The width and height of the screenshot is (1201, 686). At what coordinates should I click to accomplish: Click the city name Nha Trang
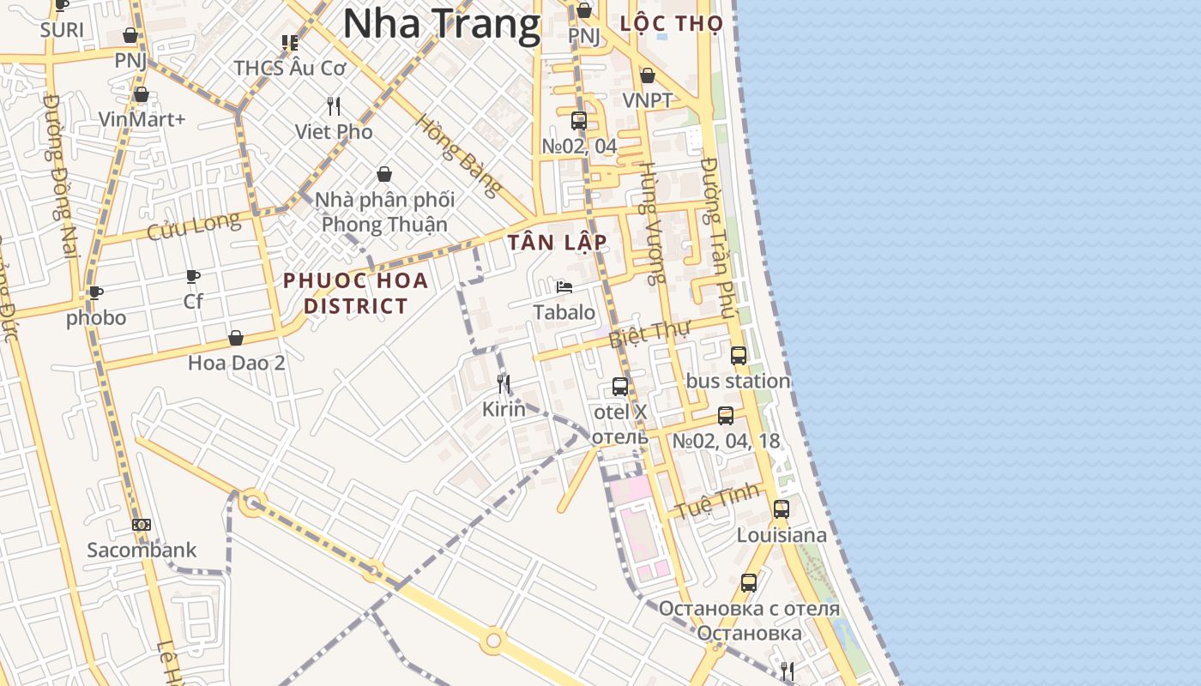pos(442,23)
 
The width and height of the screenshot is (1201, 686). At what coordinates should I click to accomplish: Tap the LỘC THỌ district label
pos(672,23)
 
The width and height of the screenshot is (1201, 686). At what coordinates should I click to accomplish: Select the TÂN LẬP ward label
pos(557,243)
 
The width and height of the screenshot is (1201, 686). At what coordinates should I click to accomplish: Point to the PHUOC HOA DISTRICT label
pos(356,292)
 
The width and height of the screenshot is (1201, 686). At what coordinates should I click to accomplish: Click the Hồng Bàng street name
pos(457,155)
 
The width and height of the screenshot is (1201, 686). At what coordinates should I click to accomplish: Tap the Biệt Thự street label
pos(649,334)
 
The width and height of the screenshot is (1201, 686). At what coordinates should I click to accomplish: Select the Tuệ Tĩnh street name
pos(717,500)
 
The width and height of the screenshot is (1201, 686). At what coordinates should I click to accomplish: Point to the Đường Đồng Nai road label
pos(60,175)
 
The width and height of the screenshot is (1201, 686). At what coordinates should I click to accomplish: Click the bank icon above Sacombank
pos(142,525)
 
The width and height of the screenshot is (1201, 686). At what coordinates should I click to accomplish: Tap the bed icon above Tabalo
pos(564,286)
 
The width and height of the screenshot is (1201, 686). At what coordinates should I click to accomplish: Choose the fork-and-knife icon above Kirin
pos(504,383)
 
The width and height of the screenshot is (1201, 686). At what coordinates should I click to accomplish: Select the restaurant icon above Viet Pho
pos(334,106)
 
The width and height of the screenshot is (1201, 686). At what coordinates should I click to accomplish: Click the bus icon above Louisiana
pos(781,508)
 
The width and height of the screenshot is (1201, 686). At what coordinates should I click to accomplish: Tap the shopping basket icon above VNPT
pos(648,75)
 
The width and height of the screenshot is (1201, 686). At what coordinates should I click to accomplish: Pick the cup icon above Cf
pos(193,276)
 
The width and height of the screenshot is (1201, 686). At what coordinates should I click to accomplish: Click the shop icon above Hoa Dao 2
pos(236,338)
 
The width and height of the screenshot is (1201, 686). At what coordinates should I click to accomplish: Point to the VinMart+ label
pos(142,119)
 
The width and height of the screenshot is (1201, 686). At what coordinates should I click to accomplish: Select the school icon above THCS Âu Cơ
pos(290,42)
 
